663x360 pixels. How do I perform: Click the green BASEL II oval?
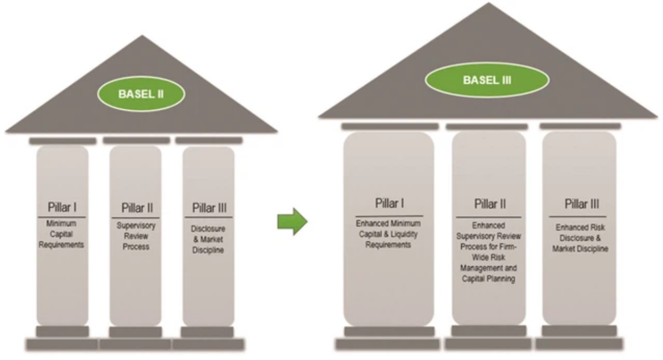pyautogui.click(x=141, y=94)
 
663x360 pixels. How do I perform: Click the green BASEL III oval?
pyautogui.click(x=487, y=79)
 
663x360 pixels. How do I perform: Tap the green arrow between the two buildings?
pyautogui.click(x=292, y=221)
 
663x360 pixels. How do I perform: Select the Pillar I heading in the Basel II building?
pyautogui.click(x=62, y=207)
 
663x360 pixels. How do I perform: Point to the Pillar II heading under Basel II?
pyautogui.click(x=137, y=207)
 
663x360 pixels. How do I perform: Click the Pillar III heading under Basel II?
pyautogui.click(x=210, y=207)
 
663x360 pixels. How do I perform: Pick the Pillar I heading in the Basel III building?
pyautogui.click(x=389, y=203)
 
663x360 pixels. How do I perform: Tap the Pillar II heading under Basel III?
pyautogui.click(x=489, y=204)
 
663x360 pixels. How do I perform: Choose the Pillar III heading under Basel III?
pyautogui.click(x=582, y=204)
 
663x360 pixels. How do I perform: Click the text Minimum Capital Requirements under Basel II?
pyautogui.click(x=62, y=234)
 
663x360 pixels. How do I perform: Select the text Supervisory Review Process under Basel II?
pyautogui.click(x=136, y=236)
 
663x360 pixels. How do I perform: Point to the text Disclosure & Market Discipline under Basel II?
pyautogui.click(x=208, y=240)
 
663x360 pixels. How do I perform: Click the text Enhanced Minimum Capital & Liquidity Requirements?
pyautogui.click(x=388, y=234)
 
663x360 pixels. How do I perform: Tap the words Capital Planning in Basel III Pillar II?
pyautogui.click(x=488, y=279)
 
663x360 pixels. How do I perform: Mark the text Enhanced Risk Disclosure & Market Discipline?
pyautogui.click(x=580, y=238)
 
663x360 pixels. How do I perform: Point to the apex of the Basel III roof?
pyautogui.click(x=489, y=3)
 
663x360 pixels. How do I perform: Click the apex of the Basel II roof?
pyautogui.click(x=142, y=36)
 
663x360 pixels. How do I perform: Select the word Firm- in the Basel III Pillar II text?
pyautogui.click(x=507, y=247)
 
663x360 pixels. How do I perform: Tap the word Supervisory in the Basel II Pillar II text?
pyautogui.click(x=136, y=226)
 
